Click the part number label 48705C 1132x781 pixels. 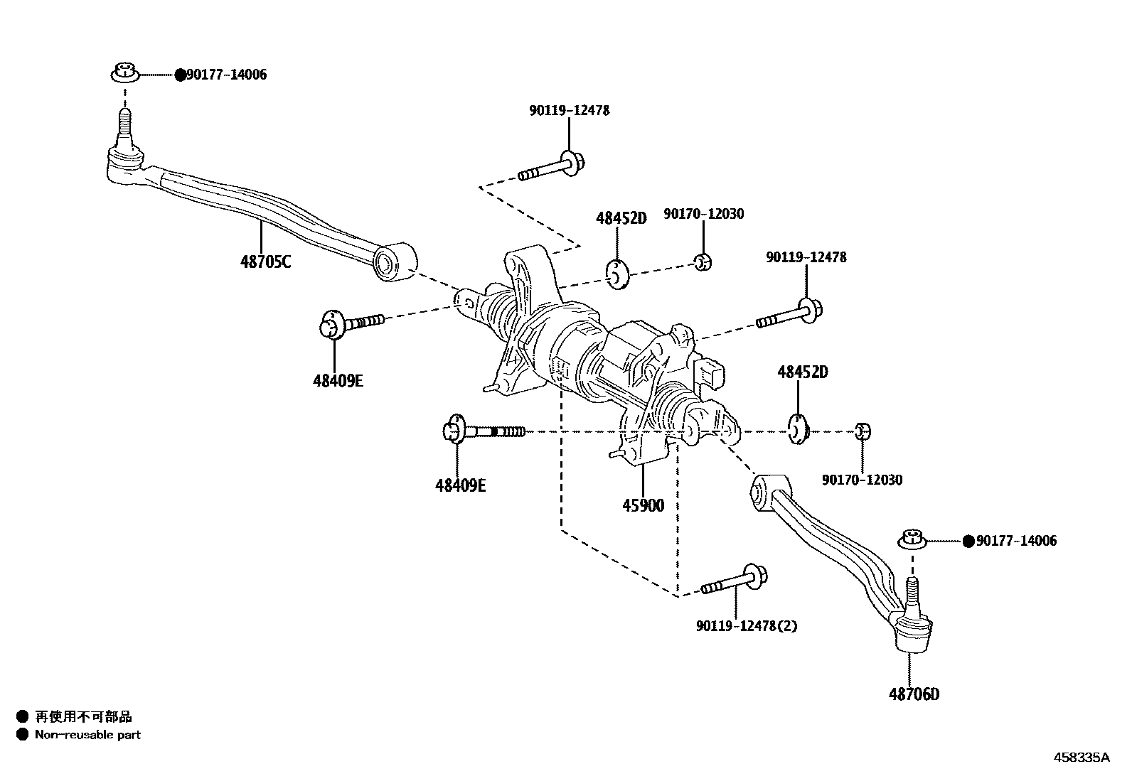coord(265,262)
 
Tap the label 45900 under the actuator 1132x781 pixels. coord(643,505)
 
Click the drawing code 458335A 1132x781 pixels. coord(1081,758)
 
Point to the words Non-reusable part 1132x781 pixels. coord(87,735)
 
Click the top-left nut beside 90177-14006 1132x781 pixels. coord(125,72)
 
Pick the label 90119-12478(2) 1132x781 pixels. coord(747,626)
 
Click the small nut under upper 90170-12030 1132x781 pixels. coord(703,262)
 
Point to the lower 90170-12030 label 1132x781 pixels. coord(862,480)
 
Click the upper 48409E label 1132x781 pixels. coord(338,381)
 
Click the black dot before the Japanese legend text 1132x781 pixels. coord(22,716)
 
